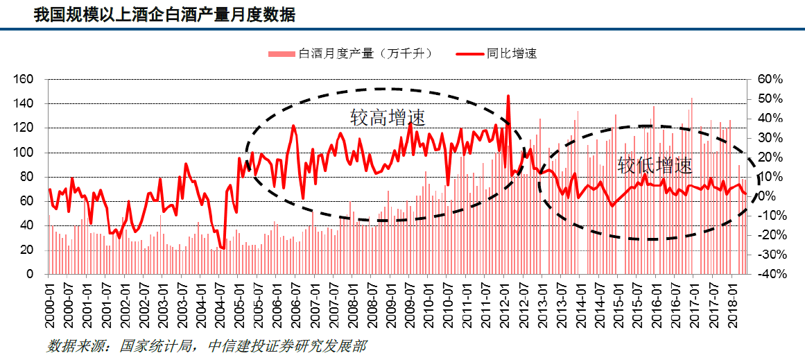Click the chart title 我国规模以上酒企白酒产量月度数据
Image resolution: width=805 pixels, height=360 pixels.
[165, 15]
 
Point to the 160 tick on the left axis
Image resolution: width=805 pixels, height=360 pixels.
[24, 79]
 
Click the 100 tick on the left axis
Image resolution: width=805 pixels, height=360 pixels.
[24, 153]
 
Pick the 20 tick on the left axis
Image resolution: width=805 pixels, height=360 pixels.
[27, 250]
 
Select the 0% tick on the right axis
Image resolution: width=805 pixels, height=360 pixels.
[766, 196]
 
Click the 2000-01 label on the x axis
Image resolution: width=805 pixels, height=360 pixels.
[50, 303]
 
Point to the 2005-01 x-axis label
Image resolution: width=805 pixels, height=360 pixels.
[239, 303]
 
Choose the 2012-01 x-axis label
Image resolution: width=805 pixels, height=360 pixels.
[503, 303]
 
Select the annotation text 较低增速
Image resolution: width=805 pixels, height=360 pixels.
[655, 165]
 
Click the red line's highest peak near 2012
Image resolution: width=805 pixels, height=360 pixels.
[508, 96]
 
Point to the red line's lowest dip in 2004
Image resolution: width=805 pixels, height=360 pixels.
[223, 248]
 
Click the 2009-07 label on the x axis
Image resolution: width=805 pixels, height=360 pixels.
[408, 303]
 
